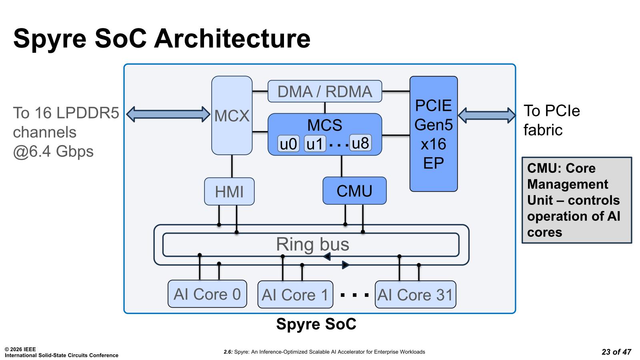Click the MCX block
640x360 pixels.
(x=232, y=116)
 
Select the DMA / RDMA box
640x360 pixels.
(x=324, y=91)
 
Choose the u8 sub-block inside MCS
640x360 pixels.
(x=360, y=143)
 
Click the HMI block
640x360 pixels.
(x=229, y=192)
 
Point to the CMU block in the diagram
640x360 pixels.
(x=354, y=191)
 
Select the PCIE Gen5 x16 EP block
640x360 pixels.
(x=433, y=134)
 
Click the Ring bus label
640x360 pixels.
(x=312, y=244)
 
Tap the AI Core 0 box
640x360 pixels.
(x=207, y=294)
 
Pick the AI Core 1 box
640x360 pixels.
(x=295, y=295)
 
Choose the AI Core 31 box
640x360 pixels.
(x=415, y=295)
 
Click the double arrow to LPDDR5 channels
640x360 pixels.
(x=168, y=114)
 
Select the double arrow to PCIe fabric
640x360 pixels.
(x=487, y=115)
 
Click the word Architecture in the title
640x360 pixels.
(x=232, y=38)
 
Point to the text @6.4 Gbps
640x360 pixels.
(x=53, y=152)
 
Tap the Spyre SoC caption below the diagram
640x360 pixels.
(x=316, y=324)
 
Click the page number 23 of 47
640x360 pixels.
(x=616, y=352)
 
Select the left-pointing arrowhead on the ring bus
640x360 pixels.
(x=327, y=256)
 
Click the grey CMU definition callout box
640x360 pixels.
(x=576, y=200)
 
